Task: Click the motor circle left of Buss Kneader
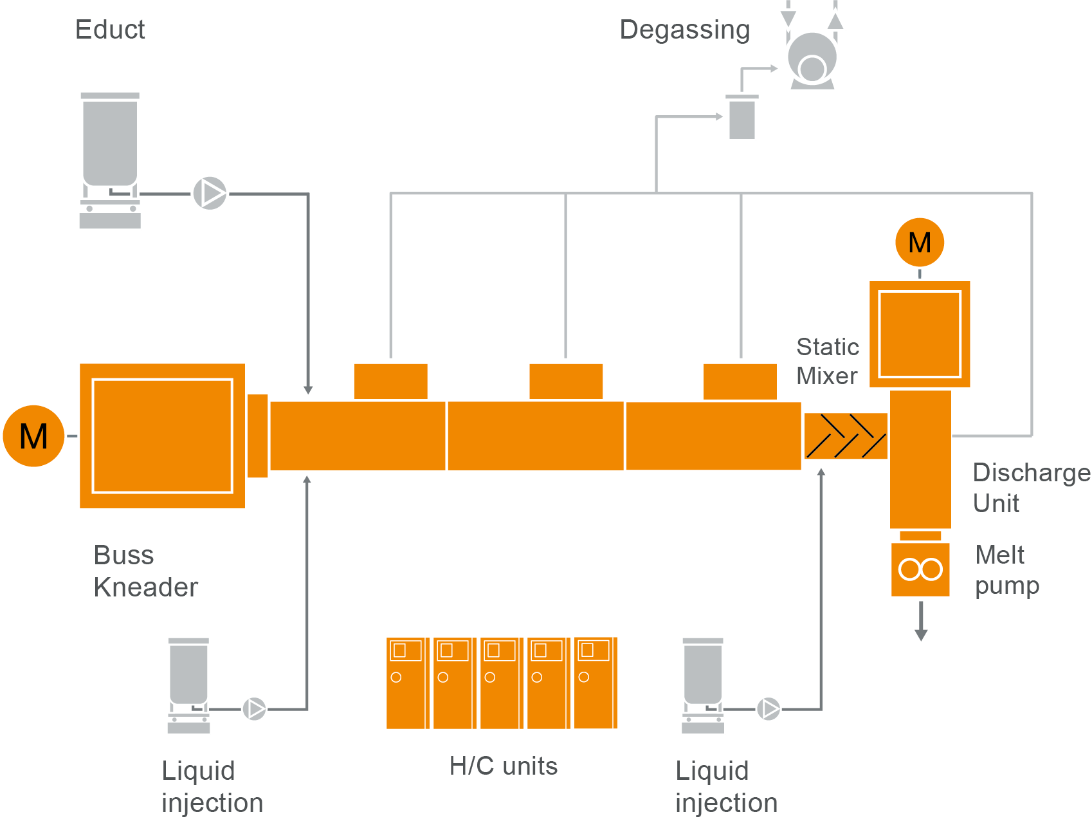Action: pyautogui.click(x=33, y=436)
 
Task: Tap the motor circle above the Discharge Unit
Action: pyautogui.click(x=920, y=243)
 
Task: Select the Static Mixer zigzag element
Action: pyautogui.click(x=846, y=436)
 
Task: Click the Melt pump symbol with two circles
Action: pyautogui.click(x=920, y=569)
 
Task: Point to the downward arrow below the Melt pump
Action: pyautogui.click(x=921, y=633)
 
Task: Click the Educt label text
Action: pyautogui.click(x=110, y=30)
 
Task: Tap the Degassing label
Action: pyautogui.click(x=684, y=30)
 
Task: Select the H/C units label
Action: pyautogui.click(x=504, y=766)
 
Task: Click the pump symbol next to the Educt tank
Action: pyautogui.click(x=210, y=193)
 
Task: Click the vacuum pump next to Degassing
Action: pyautogui.click(x=812, y=61)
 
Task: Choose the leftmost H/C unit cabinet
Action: pyautogui.click(x=407, y=683)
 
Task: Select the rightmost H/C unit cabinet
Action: pyautogui.click(x=595, y=683)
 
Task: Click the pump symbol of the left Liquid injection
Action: pyautogui.click(x=255, y=709)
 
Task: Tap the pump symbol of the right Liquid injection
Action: pyautogui.click(x=769, y=709)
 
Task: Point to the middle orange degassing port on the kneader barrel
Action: pyautogui.click(x=566, y=382)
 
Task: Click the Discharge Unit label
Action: pyautogui.click(x=1031, y=488)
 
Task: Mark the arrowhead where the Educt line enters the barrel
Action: pyautogui.click(x=308, y=389)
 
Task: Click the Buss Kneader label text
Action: pyautogui.click(x=145, y=571)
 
